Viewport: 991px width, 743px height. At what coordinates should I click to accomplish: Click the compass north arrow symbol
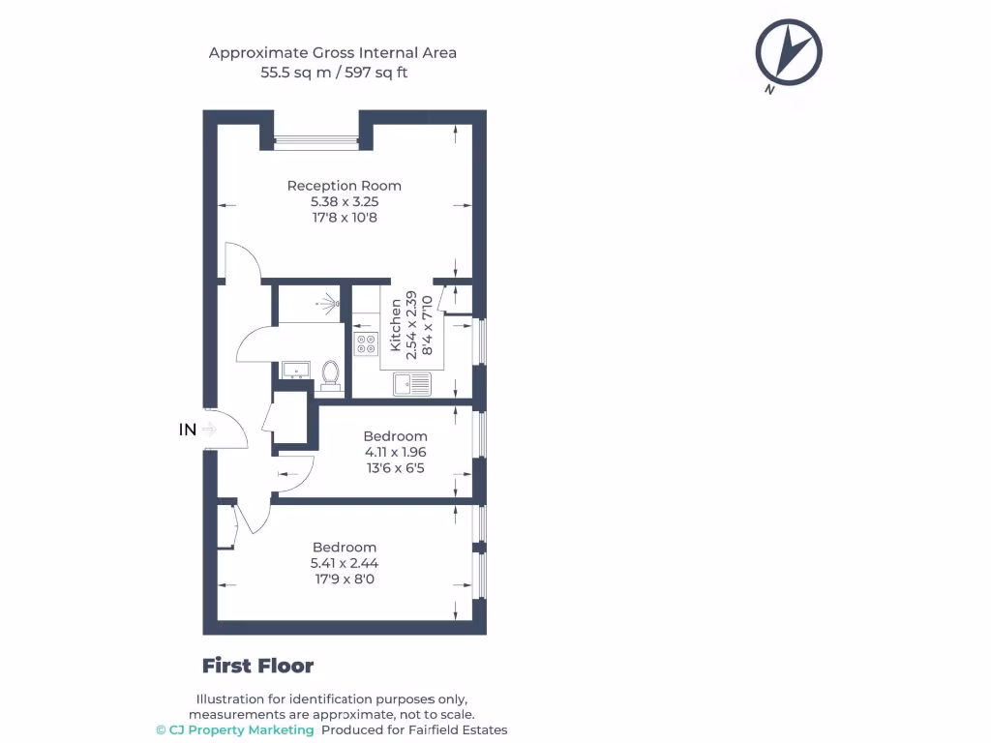[790, 52]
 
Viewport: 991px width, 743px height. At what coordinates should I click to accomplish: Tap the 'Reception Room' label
[344, 186]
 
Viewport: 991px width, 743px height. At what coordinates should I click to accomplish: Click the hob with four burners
[367, 344]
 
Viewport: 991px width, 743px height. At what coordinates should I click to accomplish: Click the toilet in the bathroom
[331, 374]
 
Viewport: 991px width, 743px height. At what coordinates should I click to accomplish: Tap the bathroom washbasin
[294, 370]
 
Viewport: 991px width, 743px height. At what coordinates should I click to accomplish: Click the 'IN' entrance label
[188, 430]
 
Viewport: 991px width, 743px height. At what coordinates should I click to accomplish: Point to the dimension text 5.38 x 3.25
[344, 202]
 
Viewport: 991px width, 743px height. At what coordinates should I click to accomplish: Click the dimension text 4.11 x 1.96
[395, 452]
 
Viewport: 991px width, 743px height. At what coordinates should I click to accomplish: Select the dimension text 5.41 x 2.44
[344, 564]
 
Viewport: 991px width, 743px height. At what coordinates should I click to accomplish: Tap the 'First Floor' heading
[257, 666]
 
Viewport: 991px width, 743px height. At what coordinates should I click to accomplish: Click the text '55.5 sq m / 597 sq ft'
[333, 73]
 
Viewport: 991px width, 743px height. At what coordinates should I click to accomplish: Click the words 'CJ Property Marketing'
[241, 729]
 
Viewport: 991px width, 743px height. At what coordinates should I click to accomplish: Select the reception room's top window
[317, 143]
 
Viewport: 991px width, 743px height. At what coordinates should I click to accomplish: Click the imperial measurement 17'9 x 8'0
[344, 580]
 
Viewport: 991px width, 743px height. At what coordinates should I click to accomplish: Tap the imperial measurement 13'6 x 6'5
[395, 468]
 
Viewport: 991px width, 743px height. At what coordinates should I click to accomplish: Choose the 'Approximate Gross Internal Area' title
[333, 52]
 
